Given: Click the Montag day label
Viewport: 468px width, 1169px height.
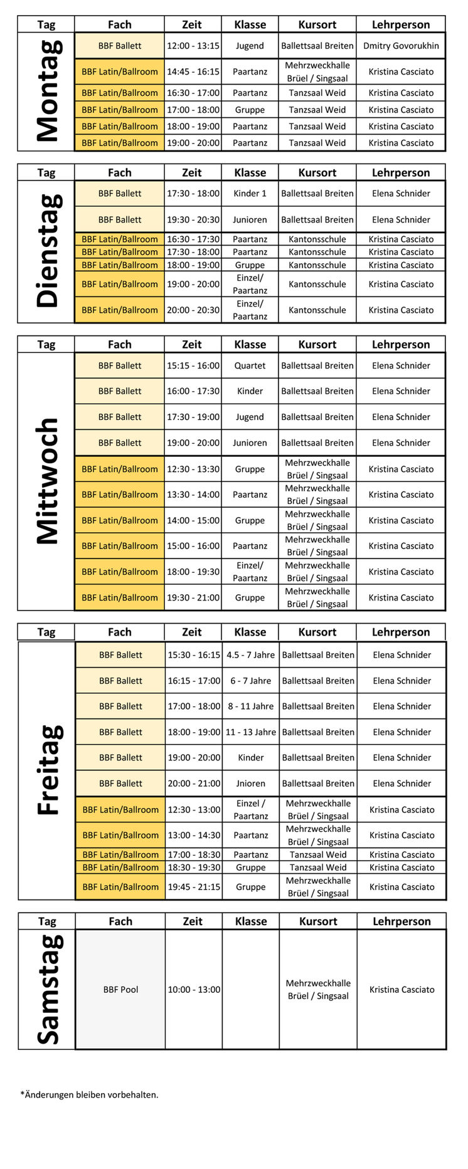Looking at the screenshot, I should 48,92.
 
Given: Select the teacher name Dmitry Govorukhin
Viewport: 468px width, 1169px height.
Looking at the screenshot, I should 401,46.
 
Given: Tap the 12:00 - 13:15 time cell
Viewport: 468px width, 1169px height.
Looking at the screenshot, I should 193,46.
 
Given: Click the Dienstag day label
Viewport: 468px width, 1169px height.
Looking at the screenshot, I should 48,251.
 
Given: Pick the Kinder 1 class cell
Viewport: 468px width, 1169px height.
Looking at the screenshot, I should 250,194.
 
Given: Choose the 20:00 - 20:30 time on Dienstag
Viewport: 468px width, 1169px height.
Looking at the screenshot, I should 193,310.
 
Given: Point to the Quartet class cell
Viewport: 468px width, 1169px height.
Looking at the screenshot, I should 250,365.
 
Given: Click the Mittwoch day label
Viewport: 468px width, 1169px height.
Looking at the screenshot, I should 48,481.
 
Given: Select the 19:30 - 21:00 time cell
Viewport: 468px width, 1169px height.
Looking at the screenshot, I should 193,597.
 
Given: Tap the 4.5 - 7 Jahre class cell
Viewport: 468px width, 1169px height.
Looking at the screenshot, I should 250,655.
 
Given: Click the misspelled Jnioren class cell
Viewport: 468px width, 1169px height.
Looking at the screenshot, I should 250,784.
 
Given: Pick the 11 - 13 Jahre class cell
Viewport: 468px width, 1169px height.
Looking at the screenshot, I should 250,732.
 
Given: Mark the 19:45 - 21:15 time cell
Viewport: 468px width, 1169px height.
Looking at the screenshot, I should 193,887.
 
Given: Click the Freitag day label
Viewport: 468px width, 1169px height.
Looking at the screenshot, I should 49,770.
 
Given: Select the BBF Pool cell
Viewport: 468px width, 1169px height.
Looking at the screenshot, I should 120,990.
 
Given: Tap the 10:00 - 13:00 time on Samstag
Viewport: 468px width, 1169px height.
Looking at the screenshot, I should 193,990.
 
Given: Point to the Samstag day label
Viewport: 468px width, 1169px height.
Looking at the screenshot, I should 49,989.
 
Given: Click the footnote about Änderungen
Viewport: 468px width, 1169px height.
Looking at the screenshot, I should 89,1095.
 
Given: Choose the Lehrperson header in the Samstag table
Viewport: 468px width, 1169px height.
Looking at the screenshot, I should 402,921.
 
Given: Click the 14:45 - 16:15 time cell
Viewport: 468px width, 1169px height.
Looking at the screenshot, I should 193,71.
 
